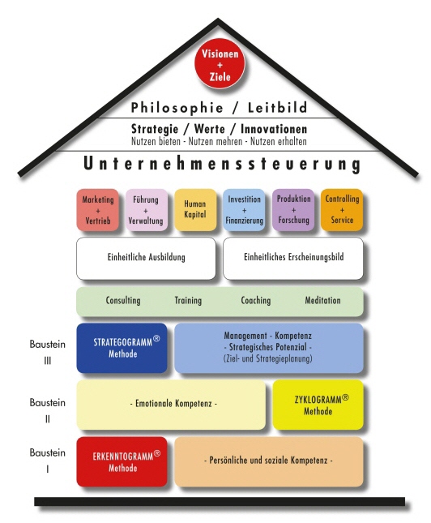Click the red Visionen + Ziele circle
pos(220,63)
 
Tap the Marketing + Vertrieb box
pos(98,210)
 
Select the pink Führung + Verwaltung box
pos(147,210)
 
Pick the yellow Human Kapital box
pos(195,210)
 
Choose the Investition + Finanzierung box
pos(244,210)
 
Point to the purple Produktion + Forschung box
pos(293,210)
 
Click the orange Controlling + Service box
pos(342,210)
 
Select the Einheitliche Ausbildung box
pos(146,258)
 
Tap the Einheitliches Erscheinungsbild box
pos(293,258)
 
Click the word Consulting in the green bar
pos(123,301)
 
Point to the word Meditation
pos(322,300)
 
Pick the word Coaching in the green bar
pos(256,301)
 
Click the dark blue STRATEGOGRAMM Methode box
pos(122,348)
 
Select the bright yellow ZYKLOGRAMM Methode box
pos(318,405)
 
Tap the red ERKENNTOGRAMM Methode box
pos(122,461)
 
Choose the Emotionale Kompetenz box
pos(171,405)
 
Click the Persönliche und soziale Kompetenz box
pos(269,461)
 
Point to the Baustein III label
pos(47,352)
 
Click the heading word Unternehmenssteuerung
pos(222,164)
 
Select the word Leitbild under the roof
pos(277,108)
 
